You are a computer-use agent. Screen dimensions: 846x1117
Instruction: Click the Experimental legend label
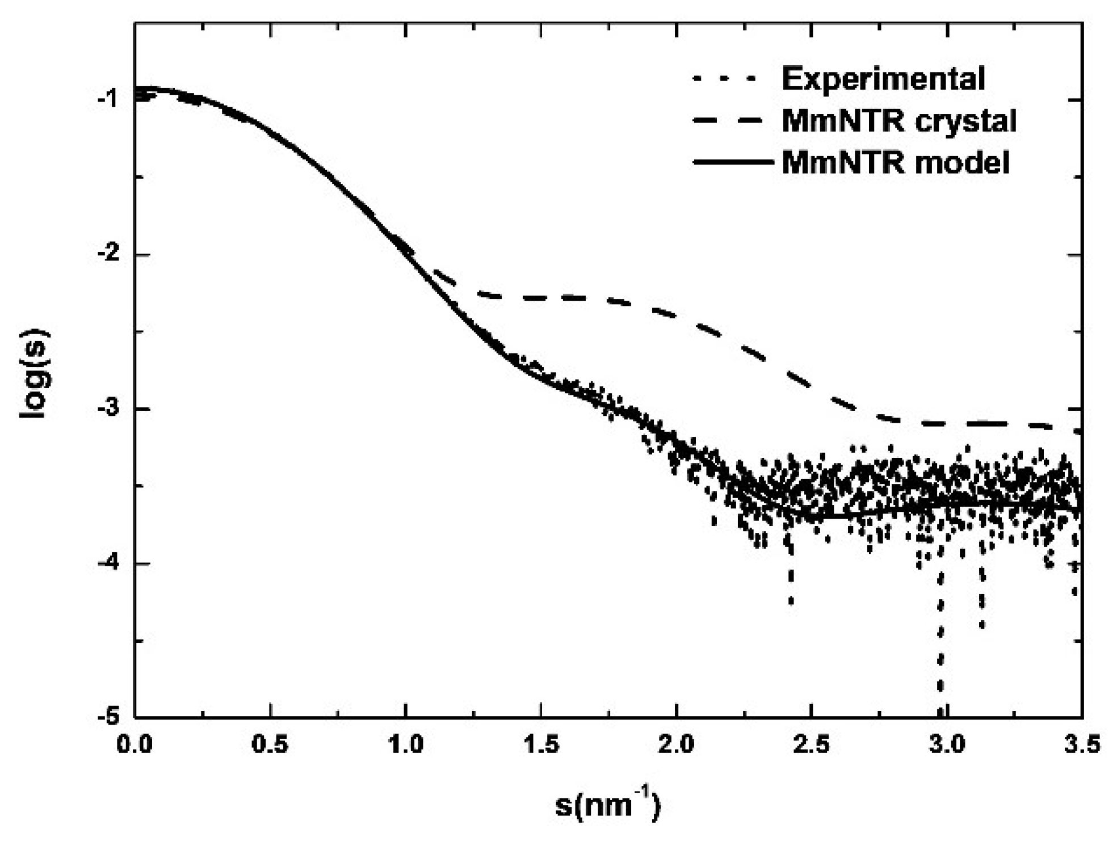[883, 79]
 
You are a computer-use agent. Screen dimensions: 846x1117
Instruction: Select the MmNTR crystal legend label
[899, 120]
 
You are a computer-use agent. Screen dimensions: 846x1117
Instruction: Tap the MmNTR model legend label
[896, 163]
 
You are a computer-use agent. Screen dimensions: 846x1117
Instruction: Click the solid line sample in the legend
[733, 162]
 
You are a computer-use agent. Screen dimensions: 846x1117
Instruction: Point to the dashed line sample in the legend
[733, 120]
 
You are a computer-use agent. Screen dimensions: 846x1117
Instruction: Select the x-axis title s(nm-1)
[607, 805]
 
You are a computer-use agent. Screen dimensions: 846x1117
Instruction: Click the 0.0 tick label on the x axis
[135, 744]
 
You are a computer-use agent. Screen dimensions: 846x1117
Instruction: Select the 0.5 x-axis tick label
[270, 744]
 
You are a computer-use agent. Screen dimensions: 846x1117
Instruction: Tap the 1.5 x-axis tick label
[541, 744]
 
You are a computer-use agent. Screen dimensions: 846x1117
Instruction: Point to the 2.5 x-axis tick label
[812, 744]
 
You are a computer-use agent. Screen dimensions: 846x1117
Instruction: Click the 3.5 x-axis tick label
[1082, 744]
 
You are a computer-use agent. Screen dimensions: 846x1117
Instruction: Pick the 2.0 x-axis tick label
[677, 744]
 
